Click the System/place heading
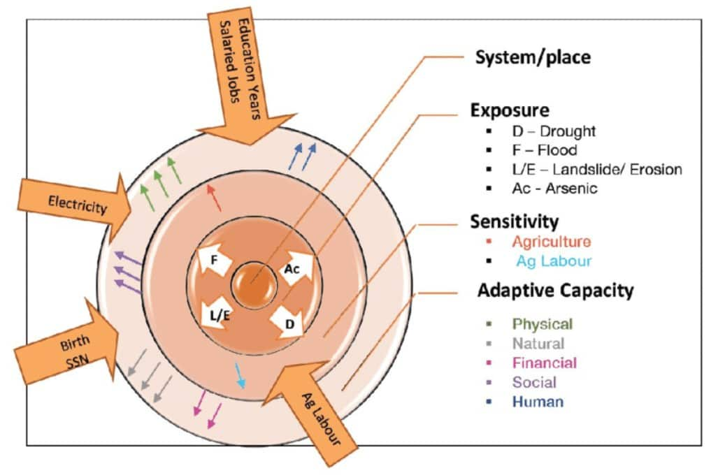click(533, 57)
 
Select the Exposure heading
click(509, 110)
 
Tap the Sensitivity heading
click(515, 222)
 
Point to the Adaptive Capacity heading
click(555, 290)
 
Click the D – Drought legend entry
click(553, 131)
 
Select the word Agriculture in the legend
click(551, 242)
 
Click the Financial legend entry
click(545, 363)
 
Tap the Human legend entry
click(538, 402)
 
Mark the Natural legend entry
click(538, 343)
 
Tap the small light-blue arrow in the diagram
click(240, 376)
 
